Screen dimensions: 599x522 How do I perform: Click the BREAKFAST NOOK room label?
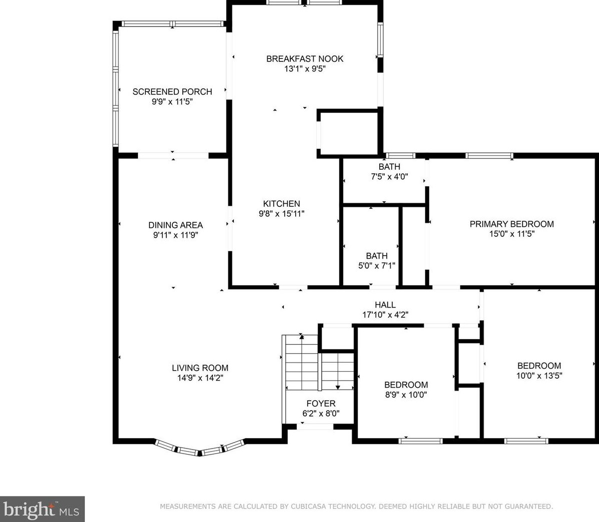pos(304,59)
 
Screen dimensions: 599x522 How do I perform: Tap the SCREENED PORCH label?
pos(172,91)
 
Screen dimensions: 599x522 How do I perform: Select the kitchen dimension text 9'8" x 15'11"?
pos(282,213)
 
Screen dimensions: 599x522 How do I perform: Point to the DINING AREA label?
pos(175,225)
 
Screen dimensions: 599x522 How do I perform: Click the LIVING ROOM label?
pos(200,368)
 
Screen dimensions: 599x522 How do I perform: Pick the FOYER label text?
pos(321,403)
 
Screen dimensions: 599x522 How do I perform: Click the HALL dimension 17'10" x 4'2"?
pos(385,315)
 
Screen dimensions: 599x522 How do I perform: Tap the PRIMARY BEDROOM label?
pos(512,224)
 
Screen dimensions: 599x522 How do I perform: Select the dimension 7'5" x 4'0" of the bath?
pos(389,176)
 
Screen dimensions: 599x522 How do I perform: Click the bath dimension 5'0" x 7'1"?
pos(377,265)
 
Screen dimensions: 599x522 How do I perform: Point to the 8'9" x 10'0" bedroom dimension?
pos(406,395)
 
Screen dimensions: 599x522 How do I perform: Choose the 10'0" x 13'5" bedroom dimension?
pos(539,375)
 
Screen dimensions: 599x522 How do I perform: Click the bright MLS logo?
pos(42,509)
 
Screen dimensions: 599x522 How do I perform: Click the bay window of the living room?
pos(199,448)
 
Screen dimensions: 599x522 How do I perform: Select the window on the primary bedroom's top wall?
pos(489,155)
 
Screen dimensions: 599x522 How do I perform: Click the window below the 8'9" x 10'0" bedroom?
pos(420,441)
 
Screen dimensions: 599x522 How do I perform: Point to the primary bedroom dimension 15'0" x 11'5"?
pos(512,234)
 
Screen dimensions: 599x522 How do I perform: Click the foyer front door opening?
pos(316,426)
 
